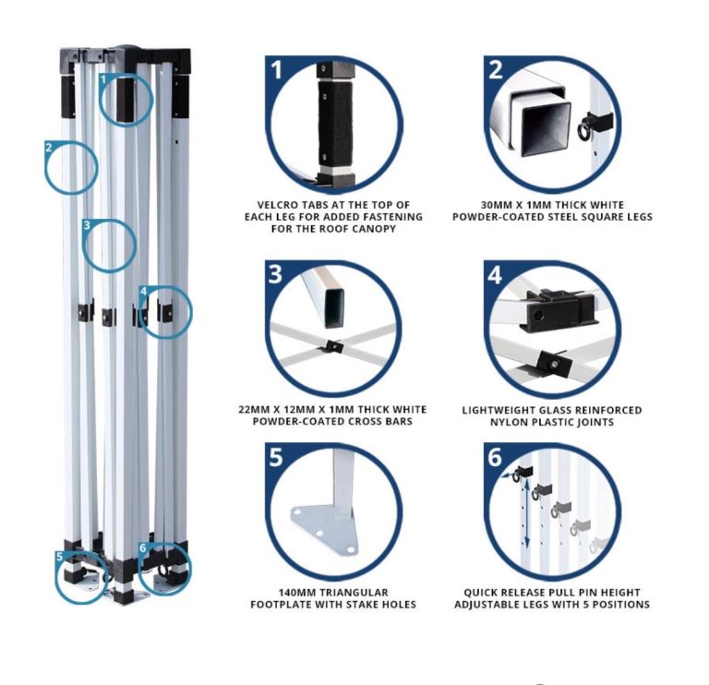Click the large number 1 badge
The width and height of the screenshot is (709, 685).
(x=277, y=70)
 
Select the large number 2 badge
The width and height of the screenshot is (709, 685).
(x=496, y=70)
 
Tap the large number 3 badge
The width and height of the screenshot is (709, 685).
(x=275, y=274)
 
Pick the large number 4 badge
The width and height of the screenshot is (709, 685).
(x=495, y=274)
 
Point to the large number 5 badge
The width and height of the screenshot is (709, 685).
(x=276, y=457)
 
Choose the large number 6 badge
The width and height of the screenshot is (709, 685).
(x=495, y=457)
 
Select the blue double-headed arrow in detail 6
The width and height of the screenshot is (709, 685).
(x=527, y=513)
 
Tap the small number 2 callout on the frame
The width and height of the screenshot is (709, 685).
(x=49, y=147)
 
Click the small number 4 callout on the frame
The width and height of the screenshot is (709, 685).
(x=143, y=291)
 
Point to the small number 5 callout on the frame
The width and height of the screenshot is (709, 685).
(x=59, y=557)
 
